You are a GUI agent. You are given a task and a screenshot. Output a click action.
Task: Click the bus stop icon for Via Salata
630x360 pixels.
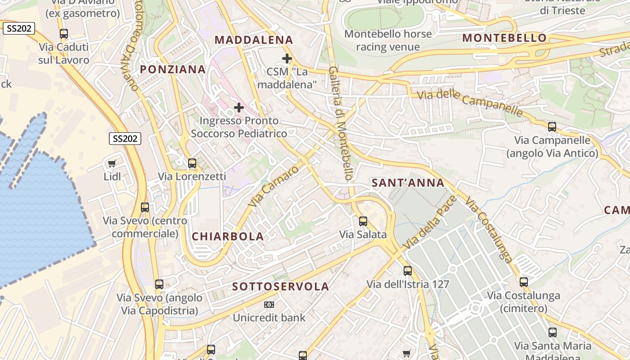coord(363,221)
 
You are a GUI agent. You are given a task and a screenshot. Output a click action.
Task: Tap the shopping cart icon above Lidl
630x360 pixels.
coord(112,164)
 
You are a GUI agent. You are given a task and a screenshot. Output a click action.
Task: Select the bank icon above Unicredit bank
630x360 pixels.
coord(269,305)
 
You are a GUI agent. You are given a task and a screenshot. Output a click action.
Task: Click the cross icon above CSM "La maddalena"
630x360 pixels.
coord(287,58)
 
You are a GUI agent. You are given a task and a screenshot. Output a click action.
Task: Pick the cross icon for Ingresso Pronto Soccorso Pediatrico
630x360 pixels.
coord(239,108)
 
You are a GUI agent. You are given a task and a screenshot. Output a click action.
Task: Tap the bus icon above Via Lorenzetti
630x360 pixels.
coord(192,163)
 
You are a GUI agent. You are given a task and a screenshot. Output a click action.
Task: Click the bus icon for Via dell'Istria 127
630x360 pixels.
coord(408,271)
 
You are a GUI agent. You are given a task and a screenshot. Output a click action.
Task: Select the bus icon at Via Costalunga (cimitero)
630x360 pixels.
coord(523,282)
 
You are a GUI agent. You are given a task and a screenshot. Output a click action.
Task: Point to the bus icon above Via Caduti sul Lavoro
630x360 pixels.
coord(64,34)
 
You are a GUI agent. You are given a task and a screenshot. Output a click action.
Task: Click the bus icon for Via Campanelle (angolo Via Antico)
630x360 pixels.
coord(552,127)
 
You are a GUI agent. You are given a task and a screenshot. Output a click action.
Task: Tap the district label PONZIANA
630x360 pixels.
coord(173,69)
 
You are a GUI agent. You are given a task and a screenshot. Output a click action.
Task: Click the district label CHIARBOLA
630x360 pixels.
coord(228,237)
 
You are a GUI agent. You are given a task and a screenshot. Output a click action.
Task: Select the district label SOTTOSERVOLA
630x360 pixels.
coord(281,287)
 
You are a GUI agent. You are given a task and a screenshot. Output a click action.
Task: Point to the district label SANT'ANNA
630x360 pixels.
coord(408,183)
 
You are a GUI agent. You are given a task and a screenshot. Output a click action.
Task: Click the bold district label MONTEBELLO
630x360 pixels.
coord(504,38)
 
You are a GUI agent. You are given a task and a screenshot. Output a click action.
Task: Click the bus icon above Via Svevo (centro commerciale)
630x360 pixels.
coord(145,207)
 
